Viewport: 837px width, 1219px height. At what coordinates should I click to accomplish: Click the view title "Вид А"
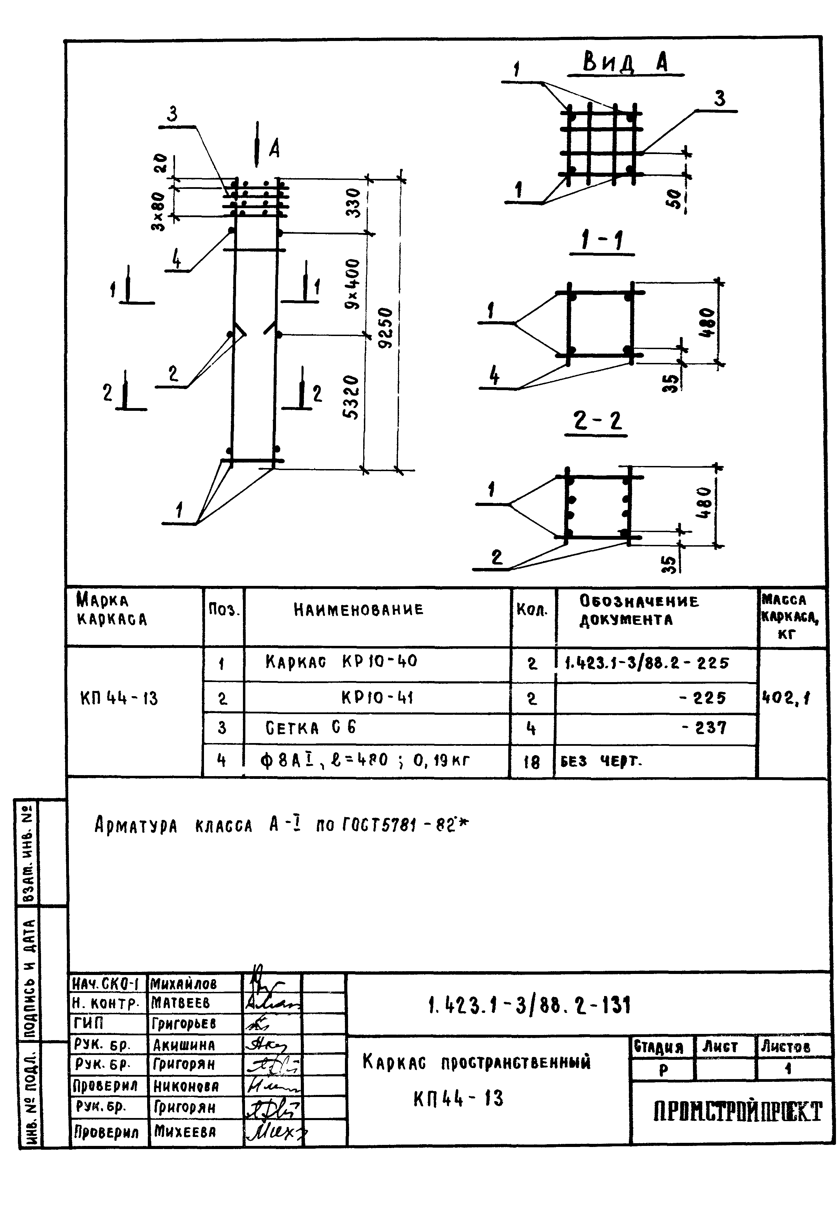pos(626,63)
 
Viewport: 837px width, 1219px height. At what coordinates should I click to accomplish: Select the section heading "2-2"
pos(597,421)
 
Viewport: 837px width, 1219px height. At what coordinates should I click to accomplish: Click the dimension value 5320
pos(351,397)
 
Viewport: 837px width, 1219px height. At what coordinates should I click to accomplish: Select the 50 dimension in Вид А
pos(675,199)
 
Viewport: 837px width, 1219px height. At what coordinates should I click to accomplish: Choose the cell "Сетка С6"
pos(310,728)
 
